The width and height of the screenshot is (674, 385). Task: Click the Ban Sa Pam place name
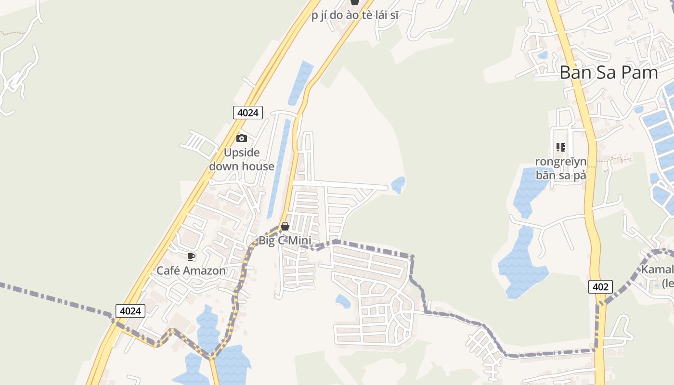pyautogui.click(x=609, y=73)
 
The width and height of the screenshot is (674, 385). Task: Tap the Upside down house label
pyautogui.click(x=242, y=160)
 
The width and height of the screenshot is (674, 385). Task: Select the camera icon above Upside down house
pyautogui.click(x=242, y=139)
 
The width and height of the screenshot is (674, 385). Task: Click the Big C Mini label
pyautogui.click(x=285, y=241)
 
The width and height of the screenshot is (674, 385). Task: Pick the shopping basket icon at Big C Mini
pyautogui.click(x=285, y=226)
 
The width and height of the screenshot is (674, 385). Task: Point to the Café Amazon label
pyautogui.click(x=191, y=270)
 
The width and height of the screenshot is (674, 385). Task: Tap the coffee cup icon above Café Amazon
pyautogui.click(x=191, y=257)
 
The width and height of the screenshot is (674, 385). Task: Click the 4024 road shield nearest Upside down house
pyautogui.click(x=248, y=113)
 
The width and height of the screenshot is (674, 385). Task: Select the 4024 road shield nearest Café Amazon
pyautogui.click(x=130, y=311)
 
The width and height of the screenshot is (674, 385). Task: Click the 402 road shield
pyautogui.click(x=600, y=287)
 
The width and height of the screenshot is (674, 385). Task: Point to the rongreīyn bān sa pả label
pyautogui.click(x=560, y=168)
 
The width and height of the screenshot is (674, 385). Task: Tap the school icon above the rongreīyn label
pyautogui.click(x=560, y=147)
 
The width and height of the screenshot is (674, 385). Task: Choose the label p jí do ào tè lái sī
pyautogui.click(x=355, y=15)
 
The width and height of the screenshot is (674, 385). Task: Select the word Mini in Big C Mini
pyautogui.click(x=299, y=241)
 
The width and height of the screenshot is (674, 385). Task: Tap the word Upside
pyautogui.click(x=242, y=153)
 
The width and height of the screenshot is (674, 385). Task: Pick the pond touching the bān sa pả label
pyautogui.click(x=527, y=192)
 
